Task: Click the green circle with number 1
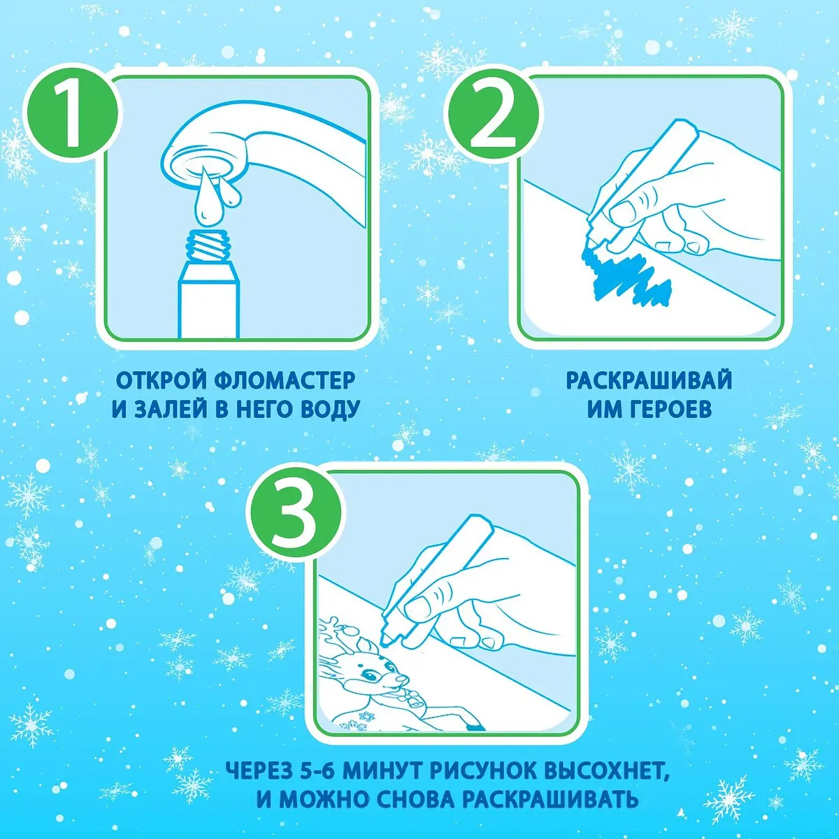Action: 72,113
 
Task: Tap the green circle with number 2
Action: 494,114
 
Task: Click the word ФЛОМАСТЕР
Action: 285,381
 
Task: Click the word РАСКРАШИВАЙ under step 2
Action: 649,381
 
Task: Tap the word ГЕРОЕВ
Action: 668,409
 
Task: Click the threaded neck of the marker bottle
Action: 208,249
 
